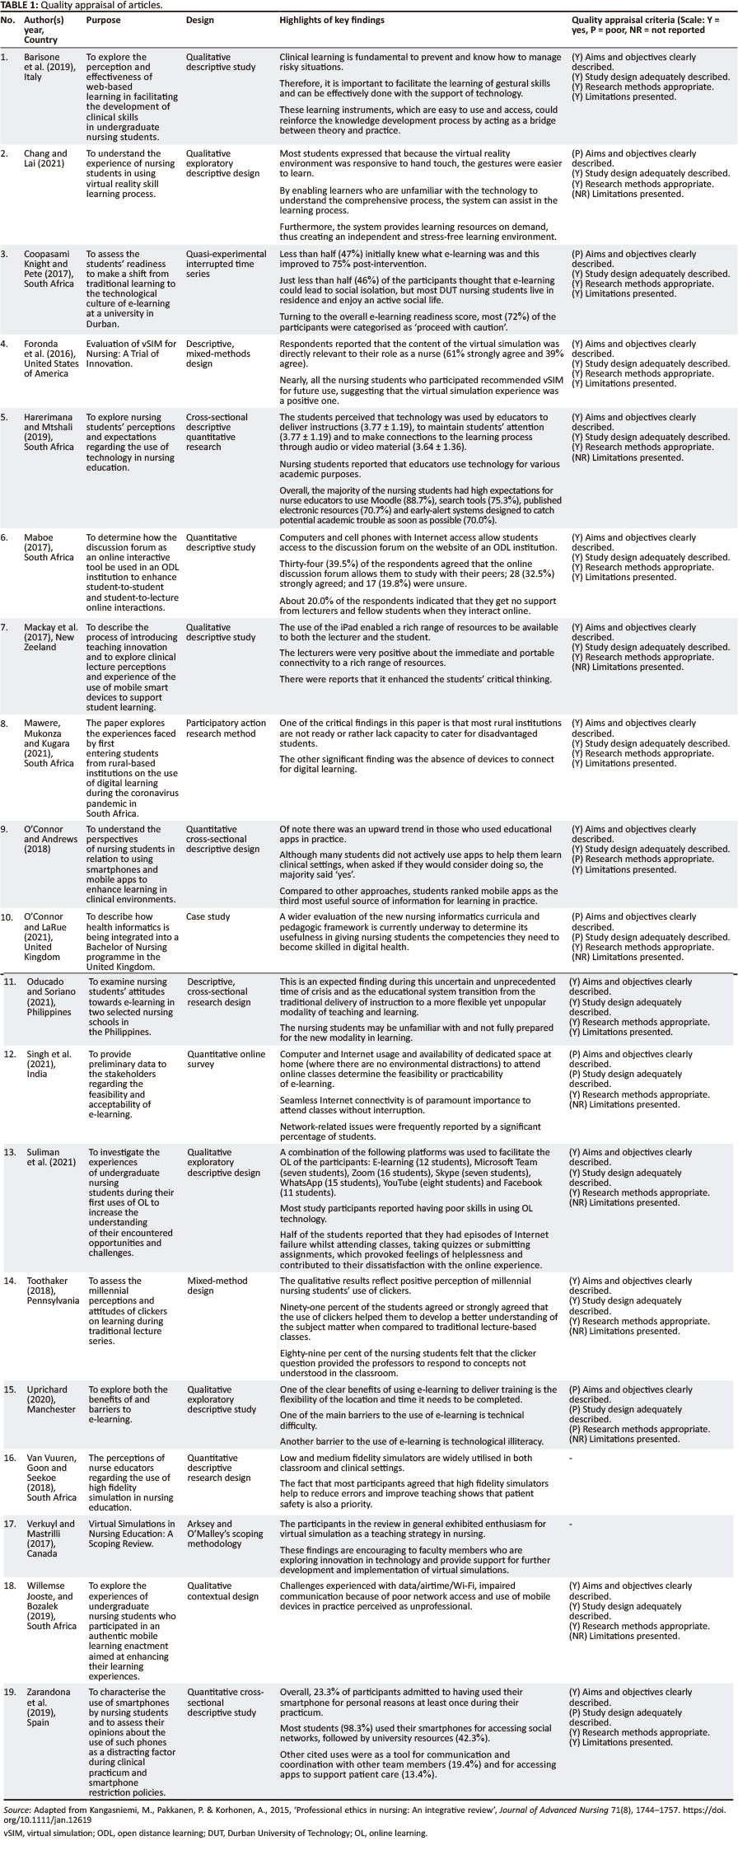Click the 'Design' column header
point(200,19)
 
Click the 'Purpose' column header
point(104,19)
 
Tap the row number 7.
point(7,626)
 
